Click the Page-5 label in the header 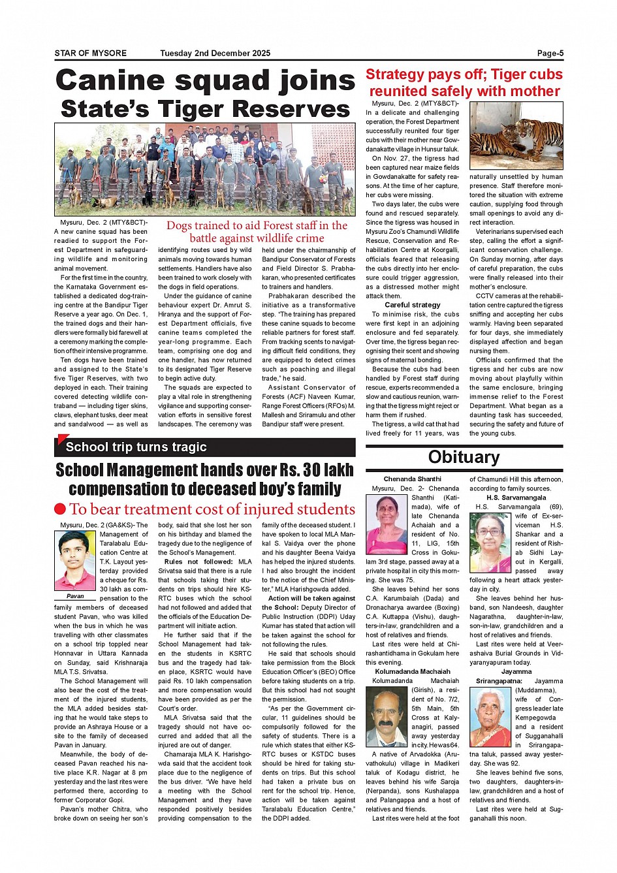click(550, 54)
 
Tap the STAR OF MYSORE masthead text click(91, 54)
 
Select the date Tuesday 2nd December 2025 click(215, 54)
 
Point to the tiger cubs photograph click(516, 135)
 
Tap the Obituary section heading click(464, 457)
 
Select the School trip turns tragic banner click(136, 447)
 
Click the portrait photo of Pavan click(74, 561)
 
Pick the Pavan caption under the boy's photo click(75, 596)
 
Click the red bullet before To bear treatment click(60, 509)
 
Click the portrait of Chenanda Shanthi click(387, 524)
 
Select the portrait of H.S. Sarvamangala click(490, 543)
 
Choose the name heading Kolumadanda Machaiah click(413, 671)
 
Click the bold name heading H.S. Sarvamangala click(516, 498)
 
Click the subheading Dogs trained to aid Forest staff click(257, 232)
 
